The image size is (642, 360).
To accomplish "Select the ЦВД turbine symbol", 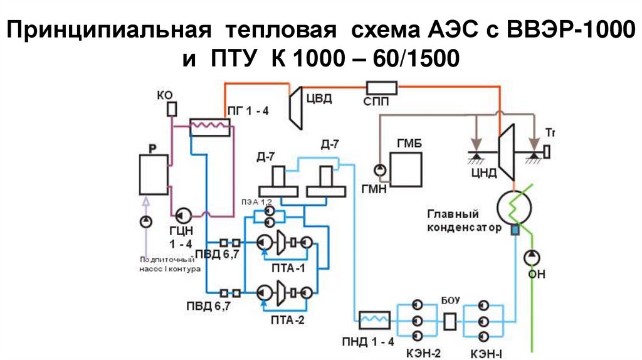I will coord(297,103).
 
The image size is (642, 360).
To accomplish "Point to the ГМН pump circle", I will coord(379,169).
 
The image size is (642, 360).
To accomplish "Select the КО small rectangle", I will coord(171,109).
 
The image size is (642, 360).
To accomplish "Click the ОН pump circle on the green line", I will coord(532,256).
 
